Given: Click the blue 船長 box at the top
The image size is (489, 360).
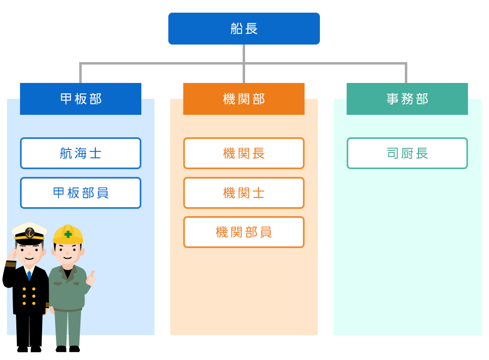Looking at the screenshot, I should click(x=244, y=29).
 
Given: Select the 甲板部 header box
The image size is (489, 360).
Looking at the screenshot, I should click(x=80, y=99).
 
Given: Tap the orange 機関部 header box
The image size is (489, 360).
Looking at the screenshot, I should click(x=244, y=99).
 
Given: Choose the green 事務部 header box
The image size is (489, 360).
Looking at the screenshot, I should click(x=407, y=99).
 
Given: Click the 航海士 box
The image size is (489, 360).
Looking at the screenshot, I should click(x=80, y=153).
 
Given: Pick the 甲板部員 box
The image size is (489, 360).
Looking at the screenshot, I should click(x=80, y=193).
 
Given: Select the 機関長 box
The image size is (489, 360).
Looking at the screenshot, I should click(x=244, y=153).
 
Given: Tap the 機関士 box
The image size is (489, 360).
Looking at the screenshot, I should click(x=244, y=193).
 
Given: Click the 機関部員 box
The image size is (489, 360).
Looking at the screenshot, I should click(x=244, y=232).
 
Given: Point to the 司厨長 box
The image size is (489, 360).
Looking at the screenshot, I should click(x=407, y=153).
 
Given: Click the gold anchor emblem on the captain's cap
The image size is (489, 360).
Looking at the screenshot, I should click(x=29, y=233).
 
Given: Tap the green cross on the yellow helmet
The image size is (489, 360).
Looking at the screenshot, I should click(x=68, y=234).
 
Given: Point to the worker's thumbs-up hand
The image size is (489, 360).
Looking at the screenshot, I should click(x=91, y=278).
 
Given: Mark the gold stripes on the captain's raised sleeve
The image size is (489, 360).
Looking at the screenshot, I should click(x=10, y=264).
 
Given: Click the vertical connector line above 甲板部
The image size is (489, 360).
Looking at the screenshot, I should click(x=80, y=74).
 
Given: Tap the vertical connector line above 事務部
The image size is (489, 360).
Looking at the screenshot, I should click(x=406, y=74).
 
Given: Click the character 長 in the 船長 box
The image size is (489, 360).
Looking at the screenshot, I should click(x=252, y=29).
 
